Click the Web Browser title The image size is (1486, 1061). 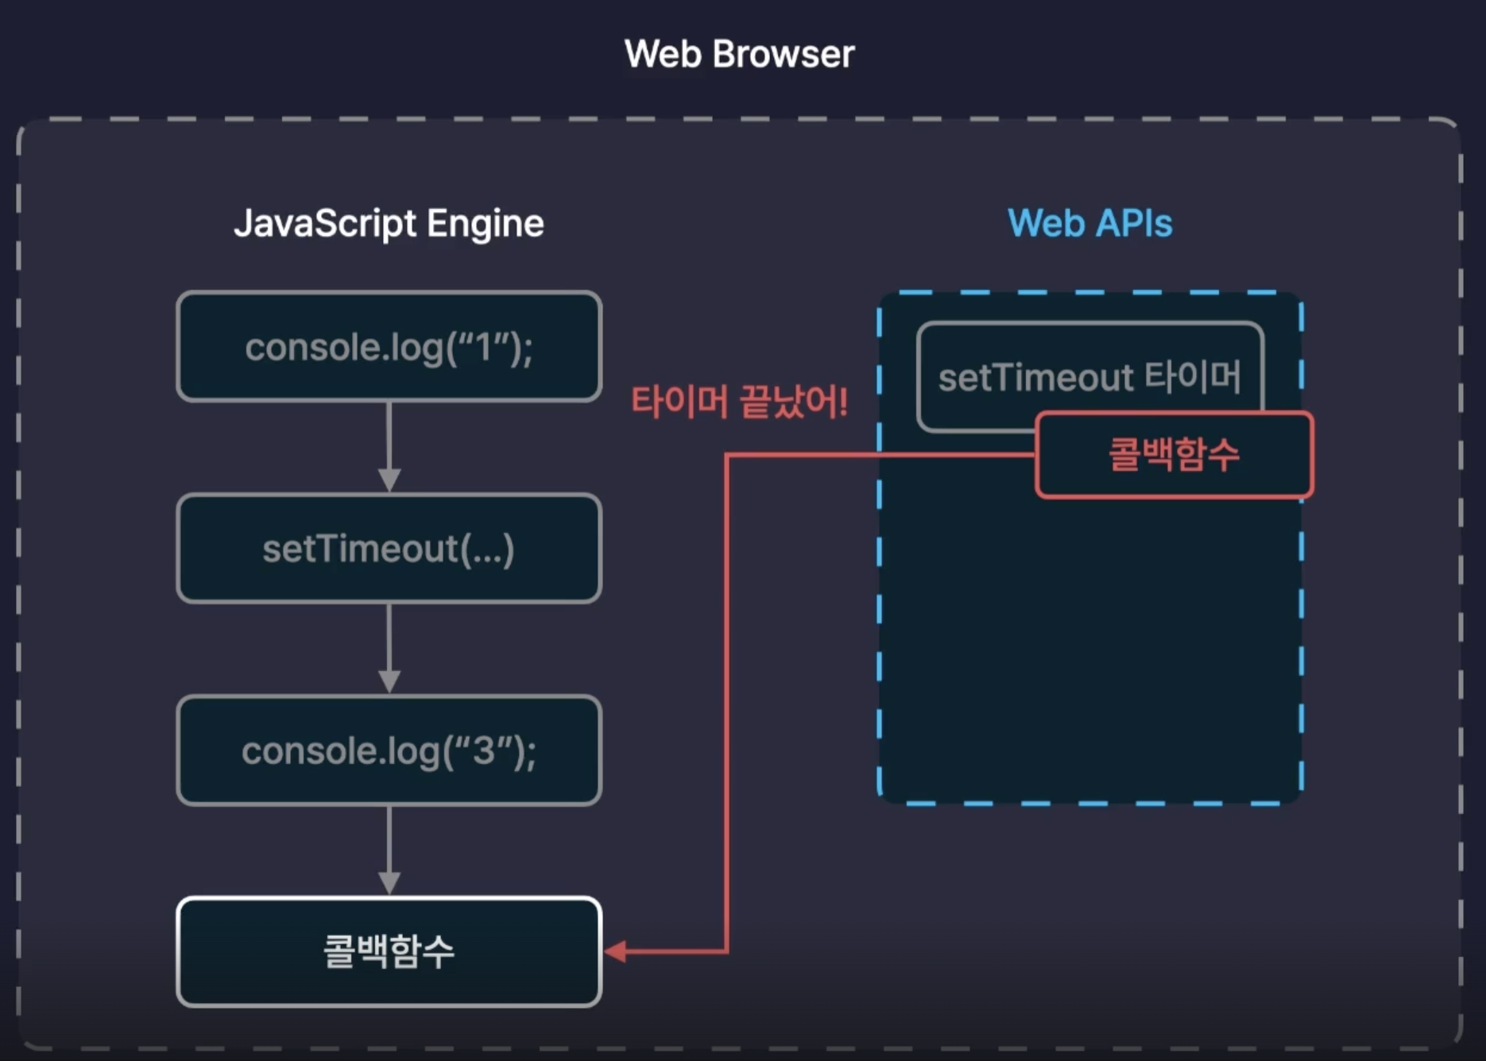pyautogui.click(x=739, y=54)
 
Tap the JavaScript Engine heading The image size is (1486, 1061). pyautogui.click(x=389, y=223)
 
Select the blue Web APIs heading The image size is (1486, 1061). pyautogui.click(x=1089, y=223)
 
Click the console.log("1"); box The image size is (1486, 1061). pyautogui.click(x=389, y=346)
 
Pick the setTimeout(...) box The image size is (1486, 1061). pyautogui.click(x=389, y=549)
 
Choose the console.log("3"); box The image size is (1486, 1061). pyautogui.click(x=389, y=750)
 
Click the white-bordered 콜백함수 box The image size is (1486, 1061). pyautogui.click(x=389, y=951)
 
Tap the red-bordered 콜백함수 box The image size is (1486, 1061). pyautogui.click(x=1174, y=455)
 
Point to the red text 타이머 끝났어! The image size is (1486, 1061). pyautogui.click(x=739, y=402)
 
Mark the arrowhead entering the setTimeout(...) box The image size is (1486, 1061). pyautogui.click(x=389, y=480)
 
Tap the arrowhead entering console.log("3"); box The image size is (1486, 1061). pyautogui.click(x=389, y=682)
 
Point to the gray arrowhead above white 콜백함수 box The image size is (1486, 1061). pyautogui.click(x=389, y=884)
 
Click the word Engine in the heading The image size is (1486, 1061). pyautogui.click(x=486, y=225)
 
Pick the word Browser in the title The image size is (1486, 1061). pyautogui.click(x=784, y=54)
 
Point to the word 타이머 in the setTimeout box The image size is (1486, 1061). pyautogui.click(x=1193, y=377)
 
